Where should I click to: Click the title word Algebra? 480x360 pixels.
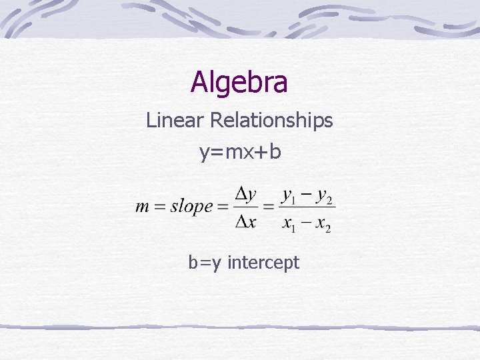click(x=239, y=83)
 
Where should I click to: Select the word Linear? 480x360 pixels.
click(x=175, y=121)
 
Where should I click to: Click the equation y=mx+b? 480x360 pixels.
click(x=240, y=152)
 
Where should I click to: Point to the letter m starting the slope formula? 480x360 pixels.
click(x=142, y=207)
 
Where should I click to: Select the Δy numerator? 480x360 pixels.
click(x=246, y=195)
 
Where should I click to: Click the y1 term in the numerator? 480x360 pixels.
click(x=289, y=197)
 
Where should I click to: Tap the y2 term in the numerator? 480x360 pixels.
click(x=325, y=197)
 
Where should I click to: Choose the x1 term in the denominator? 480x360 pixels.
click(x=289, y=225)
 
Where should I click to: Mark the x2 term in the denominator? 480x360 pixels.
click(x=323, y=225)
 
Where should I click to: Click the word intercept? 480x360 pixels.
click(x=263, y=263)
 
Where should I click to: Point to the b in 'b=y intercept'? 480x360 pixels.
click(x=193, y=263)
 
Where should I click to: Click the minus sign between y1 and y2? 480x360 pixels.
click(x=307, y=196)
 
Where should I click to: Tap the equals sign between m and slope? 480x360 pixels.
click(x=159, y=207)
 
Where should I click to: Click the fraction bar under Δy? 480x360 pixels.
click(x=246, y=207)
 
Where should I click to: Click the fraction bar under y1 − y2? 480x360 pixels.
click(x=307, y=207)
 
